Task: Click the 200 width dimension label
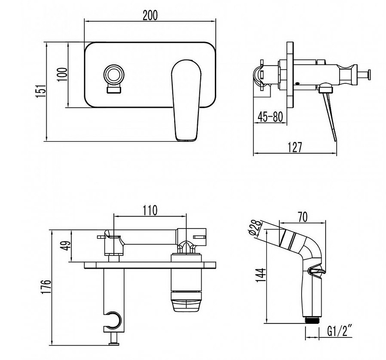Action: click(x=150, y=15)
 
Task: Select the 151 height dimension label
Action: click(x=41, y=92)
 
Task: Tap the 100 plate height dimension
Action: click(x=63, y=75)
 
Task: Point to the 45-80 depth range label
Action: click(x=270, y=117)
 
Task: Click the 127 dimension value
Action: click(x=295, y=147)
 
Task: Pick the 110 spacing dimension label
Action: click(x=150, y=210)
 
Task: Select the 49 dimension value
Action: click(x=66, y=245)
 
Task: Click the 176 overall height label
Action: click(x=46, y=286)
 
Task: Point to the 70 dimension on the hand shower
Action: click(x=303, y=217)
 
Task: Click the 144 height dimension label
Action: click(x=262, y=275)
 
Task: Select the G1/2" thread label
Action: click(x=340, y=331)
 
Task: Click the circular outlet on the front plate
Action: click(x=114, y=74)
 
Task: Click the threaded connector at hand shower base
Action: click(x=312, y=320)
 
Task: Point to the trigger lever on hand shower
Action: click(x=317, y=271)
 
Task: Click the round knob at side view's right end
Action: click(x=369, y=75)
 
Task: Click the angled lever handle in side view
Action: click(x=329, y=116)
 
